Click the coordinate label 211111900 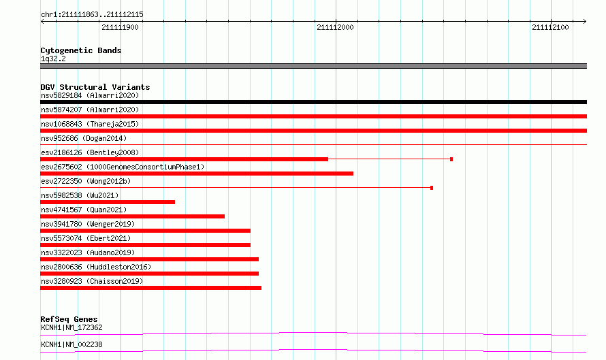click(x=120, y=27)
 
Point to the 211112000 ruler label click(x=335, y=27)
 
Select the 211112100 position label click(x=550, y=27)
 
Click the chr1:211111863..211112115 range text click(x=92, y=15)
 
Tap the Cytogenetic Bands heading click(x=81, y=50)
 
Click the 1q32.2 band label click(x=53, y=59)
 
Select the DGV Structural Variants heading click(x=95, y=87)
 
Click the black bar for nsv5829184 click(x=313, y=102)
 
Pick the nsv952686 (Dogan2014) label click(x=84, y=138)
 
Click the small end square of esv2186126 click(x=451, y=159)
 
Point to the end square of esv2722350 click(x=432, y=188)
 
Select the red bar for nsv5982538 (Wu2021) click(x=108, y=202)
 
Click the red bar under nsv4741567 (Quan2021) click(x=132, y=216)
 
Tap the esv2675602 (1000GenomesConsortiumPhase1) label click(x=123, y=167)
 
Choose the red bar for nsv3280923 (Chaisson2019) click(x=150, y=288)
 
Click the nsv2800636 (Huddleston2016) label click(x=96, y=267)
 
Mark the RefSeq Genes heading click(x=69, y=319)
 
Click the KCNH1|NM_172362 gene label click(x=72, y=327)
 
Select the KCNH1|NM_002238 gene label click(x=72, y=344)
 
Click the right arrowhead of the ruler click(x=585, y=21)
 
